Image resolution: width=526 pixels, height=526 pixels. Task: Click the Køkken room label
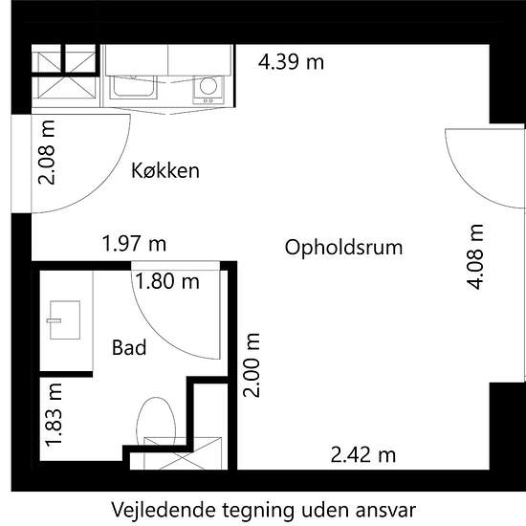pos(165,170)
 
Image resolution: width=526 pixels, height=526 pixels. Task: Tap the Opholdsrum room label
pos(343,249)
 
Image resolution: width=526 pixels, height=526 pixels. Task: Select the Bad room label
pos(129,347)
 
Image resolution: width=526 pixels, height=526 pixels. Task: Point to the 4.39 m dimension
pos(291,62)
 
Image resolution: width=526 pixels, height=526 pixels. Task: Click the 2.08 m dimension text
pos(47,152)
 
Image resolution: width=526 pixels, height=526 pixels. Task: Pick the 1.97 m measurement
pos(134,244)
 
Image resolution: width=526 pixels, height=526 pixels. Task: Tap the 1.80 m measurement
pos(167,281)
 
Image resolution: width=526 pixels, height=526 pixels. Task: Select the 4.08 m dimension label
pos(475,256)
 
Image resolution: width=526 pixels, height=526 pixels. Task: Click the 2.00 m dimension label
pos(252,365)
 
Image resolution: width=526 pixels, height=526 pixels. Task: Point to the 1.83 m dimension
pos(54,415)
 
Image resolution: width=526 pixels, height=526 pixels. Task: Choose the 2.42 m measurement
pos(363,455)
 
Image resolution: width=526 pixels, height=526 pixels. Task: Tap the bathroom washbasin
pos(64,320)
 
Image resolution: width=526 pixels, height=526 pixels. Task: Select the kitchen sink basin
pos(134,86)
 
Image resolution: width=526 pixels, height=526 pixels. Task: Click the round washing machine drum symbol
pos(208,85)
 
